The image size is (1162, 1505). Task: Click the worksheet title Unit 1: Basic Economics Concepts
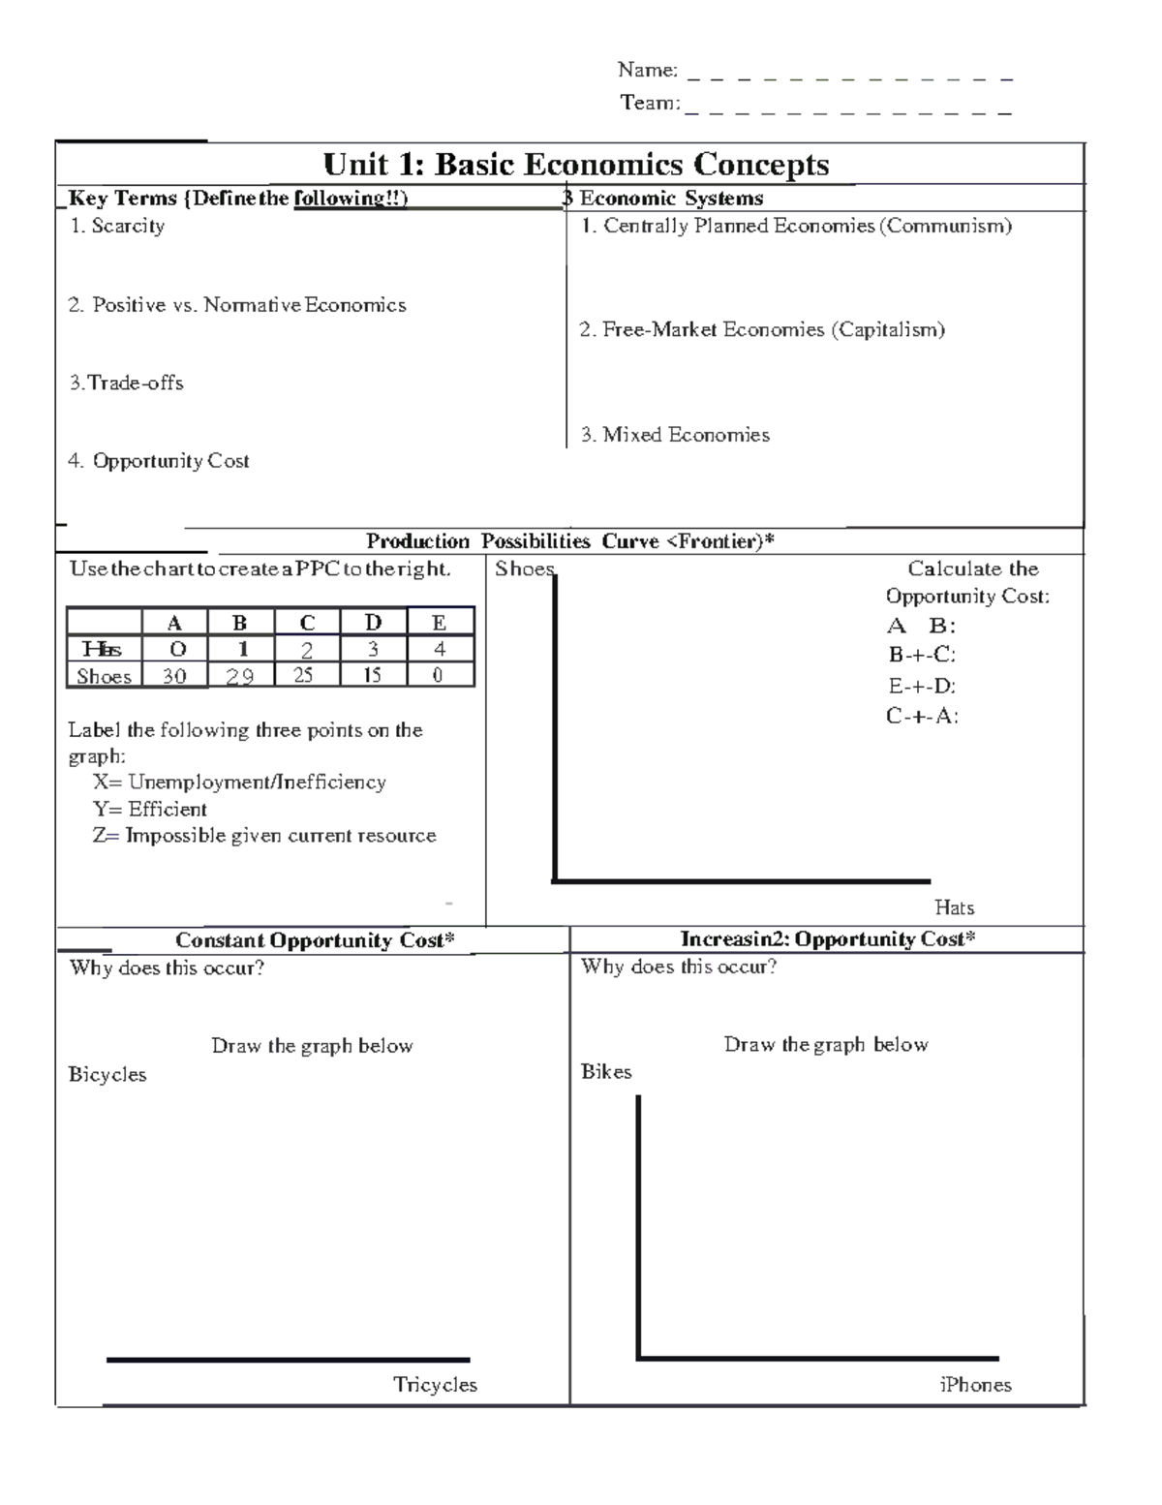[576, 165]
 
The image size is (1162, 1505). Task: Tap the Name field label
[647, 70]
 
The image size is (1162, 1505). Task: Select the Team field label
[650, 103]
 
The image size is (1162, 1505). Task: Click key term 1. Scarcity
[117, 226]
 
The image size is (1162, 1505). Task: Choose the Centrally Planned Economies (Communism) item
[796, 226]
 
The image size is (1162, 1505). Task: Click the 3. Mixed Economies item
[675, 435]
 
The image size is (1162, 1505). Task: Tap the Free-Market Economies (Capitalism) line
[762, 329]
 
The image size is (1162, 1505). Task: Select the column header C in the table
[307, 623]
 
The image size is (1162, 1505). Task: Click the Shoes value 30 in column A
[174, 676]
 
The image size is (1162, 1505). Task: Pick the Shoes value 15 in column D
[373, 675]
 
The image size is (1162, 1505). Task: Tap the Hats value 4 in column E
[440, 650]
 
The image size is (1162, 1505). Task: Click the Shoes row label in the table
[104, 676]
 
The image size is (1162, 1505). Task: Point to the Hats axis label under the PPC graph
[954, 907]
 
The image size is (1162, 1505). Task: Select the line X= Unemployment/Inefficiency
[239, 782]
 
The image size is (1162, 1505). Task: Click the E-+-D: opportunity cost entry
[922, 686]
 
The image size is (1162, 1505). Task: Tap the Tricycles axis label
[435, 1385]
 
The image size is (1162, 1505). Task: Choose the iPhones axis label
[975, 1385]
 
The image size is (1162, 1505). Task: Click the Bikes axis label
[606, 1072]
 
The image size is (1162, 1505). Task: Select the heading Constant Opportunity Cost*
[315, 940]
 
